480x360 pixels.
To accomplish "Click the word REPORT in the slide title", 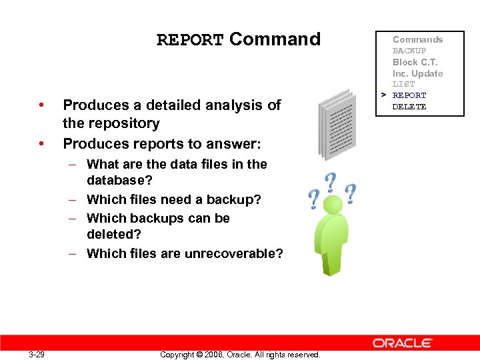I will pos(190,40).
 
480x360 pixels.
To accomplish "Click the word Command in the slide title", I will pos(275,39).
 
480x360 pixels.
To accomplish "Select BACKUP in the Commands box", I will pos(409,51).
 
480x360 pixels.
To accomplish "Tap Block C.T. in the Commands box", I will pos(414,62).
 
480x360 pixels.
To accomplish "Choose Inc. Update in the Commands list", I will pos(417,73).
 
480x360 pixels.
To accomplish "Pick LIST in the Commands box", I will pos(403,85).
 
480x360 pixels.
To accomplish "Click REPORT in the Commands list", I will pos(409,95).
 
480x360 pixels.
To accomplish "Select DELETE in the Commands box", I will pos(409,107).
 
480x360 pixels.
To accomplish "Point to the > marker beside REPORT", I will pos(384,95).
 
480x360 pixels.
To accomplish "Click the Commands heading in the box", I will pos(417,39).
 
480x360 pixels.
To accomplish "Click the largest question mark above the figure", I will pos(331,183).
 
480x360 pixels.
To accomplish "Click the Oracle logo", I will pos(402,343).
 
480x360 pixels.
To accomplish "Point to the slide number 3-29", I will pos(37,354).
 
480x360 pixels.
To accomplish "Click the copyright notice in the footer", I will pos(240,354).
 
